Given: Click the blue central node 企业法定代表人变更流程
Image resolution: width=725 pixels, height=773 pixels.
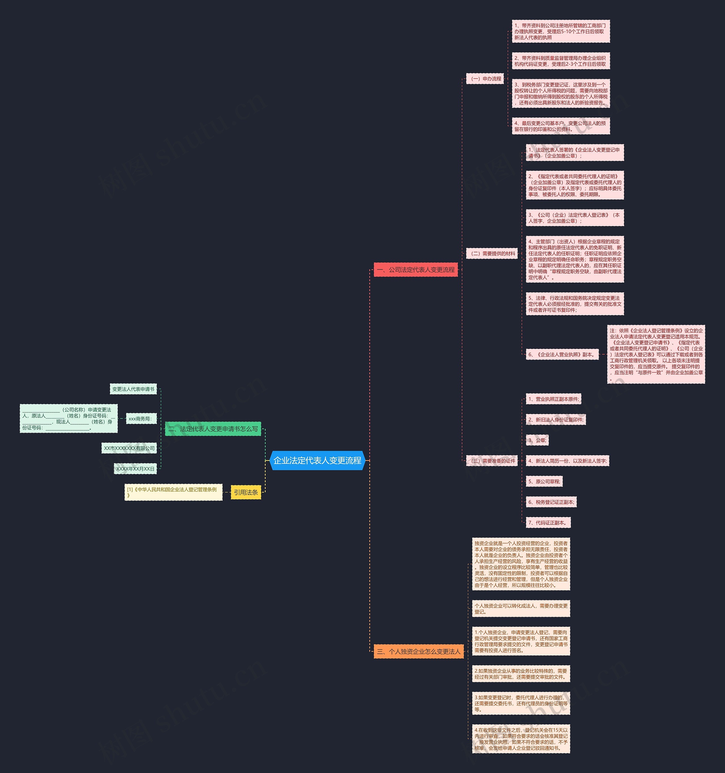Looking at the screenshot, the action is click(317, 460).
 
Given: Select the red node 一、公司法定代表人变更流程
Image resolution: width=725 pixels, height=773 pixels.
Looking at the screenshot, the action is click(415, 269).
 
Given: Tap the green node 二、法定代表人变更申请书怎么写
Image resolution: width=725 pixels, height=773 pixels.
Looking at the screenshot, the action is click(213, 429).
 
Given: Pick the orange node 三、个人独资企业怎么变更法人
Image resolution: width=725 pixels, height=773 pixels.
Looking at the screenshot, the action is click(419, 651).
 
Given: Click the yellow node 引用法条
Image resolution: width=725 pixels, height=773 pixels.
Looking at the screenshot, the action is click(246, 492).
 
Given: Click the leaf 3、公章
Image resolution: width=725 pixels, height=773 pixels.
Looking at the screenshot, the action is click(537, 440).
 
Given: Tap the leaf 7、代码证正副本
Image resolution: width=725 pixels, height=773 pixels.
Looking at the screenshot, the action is click(548, 523).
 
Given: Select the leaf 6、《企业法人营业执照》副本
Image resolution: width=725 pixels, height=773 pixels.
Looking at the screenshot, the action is click(561, 354).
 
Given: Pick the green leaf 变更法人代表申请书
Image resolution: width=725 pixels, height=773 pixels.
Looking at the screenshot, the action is click(133, 389).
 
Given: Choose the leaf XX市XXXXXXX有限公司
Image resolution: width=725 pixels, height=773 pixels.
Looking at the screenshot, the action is click(129, 448).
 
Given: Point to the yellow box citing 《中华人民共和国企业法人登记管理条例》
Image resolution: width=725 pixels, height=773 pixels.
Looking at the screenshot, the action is click(173, 492).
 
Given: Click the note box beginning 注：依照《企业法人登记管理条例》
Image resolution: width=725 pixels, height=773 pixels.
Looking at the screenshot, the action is click(656, 354).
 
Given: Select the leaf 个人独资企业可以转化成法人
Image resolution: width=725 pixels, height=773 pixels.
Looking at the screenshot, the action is click(521, 608).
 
